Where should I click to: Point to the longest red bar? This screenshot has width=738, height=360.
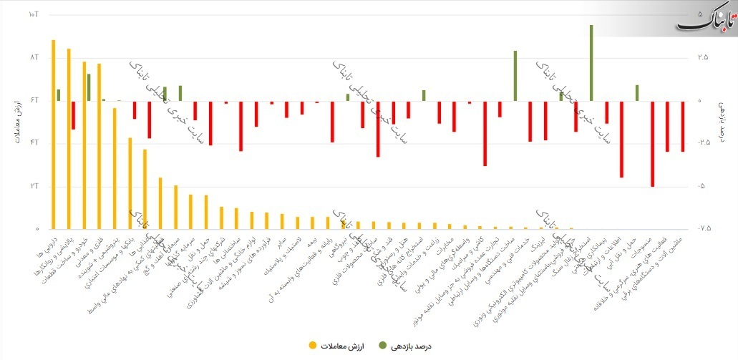(x=652, y=144)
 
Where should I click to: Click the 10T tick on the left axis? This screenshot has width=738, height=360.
(x=33, y=14)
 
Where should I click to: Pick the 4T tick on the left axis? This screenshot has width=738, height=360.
(x=33, y=143)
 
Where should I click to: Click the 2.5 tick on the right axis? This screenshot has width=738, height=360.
(x=705, y=57)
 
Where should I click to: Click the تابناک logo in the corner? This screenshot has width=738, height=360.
(x=704, y=18)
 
